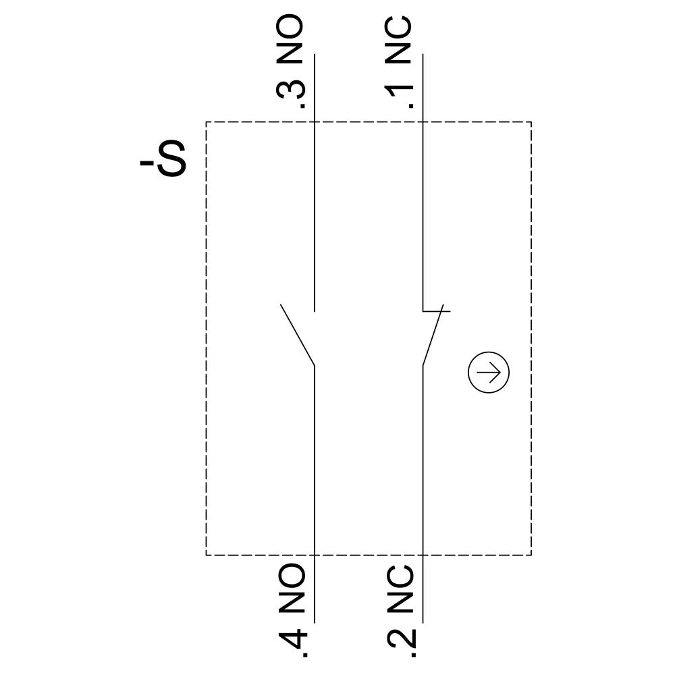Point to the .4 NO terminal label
292,611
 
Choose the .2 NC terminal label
400,611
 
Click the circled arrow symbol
489,372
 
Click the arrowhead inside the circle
497,372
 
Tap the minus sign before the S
146,163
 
